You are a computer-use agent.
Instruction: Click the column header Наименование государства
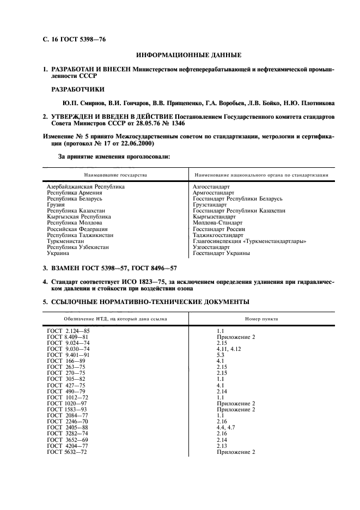tap(115, 175)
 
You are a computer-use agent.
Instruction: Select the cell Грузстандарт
tap(210, 205)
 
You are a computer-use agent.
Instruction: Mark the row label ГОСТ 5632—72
tap(67, 452)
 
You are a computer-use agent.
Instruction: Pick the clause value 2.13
tap(223, 446)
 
